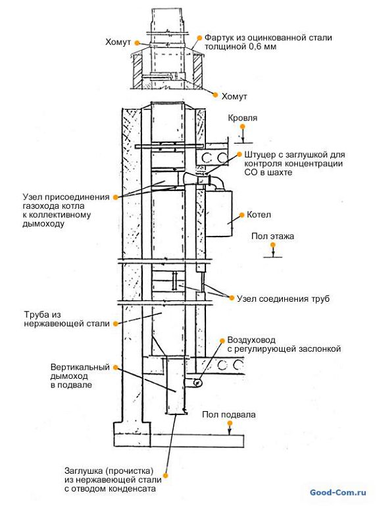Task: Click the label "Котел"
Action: tap(259, 215)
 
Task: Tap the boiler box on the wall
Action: tap(219, 213)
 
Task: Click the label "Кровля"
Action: tap(243, 118)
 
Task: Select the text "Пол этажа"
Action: tap(272, 237)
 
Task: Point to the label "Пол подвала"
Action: tap(229, 414)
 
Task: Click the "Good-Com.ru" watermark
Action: tap(338, 492)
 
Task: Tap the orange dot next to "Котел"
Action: tap(241, 215)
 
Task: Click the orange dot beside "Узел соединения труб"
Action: tap(231, 298)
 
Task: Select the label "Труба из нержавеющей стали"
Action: tap(66, 319)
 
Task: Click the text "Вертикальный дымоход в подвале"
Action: tap(80, 376)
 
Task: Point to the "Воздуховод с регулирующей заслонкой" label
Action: tap(284, 345)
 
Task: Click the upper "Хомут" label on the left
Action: tap(118, 42)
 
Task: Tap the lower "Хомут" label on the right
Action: tap(234, 96)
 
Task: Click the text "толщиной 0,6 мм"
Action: tap(240, 47)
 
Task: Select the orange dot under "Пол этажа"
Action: tap(273, 245)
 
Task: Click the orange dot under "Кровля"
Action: tap(243, 127)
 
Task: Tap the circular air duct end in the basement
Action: tap(197, 383)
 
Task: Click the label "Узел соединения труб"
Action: tap(284, 298)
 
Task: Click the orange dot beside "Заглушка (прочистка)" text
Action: tap(166, 475)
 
